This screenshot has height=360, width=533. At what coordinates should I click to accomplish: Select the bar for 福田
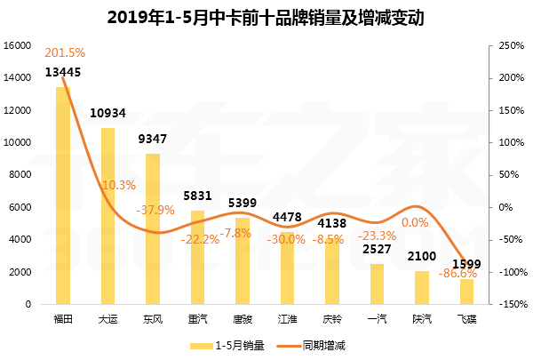(63, 196)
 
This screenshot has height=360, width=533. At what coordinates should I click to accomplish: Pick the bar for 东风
(153, 228)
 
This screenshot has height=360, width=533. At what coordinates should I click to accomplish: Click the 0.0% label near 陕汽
(416, 222)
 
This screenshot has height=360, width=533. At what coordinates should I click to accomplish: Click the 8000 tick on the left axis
(20, 175)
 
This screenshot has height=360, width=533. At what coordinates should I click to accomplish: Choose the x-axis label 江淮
(287, 316)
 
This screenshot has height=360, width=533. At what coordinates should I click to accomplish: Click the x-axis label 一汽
(378, 316)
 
